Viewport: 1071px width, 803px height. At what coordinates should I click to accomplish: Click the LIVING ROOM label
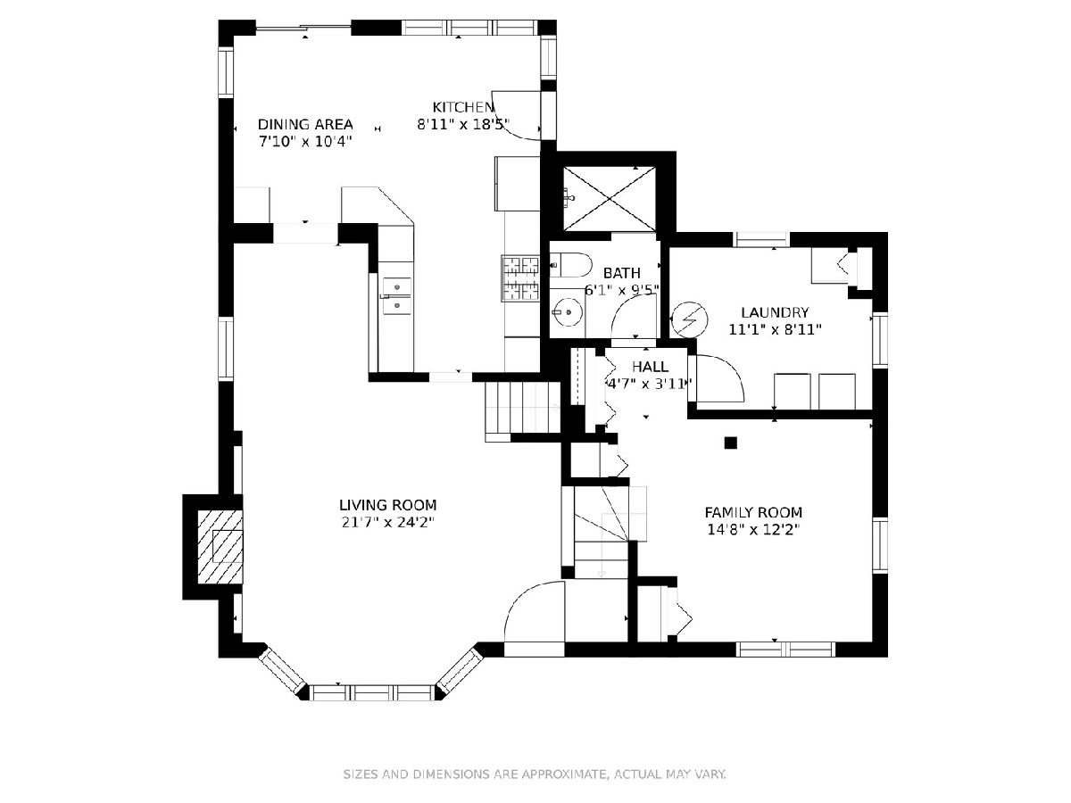coord(388,505)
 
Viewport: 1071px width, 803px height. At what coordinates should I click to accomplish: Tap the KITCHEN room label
coord(463,107)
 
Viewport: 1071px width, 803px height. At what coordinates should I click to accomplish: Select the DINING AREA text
coord(305,124)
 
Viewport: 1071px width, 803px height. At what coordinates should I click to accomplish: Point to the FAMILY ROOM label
coord(753,512)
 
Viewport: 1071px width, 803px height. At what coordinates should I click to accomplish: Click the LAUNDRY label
coord(775,312)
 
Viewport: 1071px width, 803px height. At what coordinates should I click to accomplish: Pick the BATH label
coord(621,273)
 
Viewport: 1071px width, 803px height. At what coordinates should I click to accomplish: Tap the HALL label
coord(650,367)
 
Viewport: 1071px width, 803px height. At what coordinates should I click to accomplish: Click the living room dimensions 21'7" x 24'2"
coord(388,523)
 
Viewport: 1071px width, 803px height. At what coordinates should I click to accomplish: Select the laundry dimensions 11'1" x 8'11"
coord(775,330)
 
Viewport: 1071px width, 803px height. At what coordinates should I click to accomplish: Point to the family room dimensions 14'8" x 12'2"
coord(753,530)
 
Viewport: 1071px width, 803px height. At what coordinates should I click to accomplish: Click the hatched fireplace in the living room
coord(220,547)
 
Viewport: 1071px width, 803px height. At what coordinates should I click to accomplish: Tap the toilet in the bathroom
coord(571,265)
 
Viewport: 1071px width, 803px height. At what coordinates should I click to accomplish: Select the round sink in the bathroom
coord(568,311)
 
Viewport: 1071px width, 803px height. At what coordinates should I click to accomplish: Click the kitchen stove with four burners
coord(520,277)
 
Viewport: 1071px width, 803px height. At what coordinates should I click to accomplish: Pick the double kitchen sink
coord(396,296)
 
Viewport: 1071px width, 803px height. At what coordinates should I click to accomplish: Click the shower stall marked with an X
coord(610,198)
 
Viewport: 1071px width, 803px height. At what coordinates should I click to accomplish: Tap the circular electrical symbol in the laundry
coord(689,319)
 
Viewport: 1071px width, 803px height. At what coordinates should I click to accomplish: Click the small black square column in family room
coord(730,443)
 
